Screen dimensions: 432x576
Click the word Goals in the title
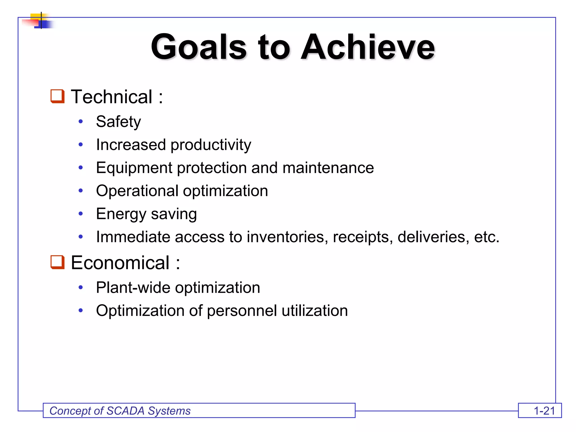pyautogui.click(x=199, y=47)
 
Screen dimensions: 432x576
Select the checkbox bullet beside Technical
pyautogui.click(x=57, y=96)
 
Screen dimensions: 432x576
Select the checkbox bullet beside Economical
pyautogui.click(x=57, y=262)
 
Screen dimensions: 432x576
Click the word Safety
pyautogui.click(x=118, y=122)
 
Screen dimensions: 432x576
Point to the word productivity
pyautogui.click(x=211, y=145)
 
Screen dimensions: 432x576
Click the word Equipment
pyautogui.click(x=134, y=168)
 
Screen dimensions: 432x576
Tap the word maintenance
pyautogui.click(x=328, y=168)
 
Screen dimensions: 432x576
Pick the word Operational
pyautogui.click(x=137, y=191)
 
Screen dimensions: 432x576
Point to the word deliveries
pyautogui.click(x=433, y=237)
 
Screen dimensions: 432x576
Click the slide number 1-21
pyautogui.click(x=544, y=411)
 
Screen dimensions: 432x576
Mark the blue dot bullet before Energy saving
pyautogui.click(x=81, y=214)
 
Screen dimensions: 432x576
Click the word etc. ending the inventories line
pyautogui.click(x=487, y=237)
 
